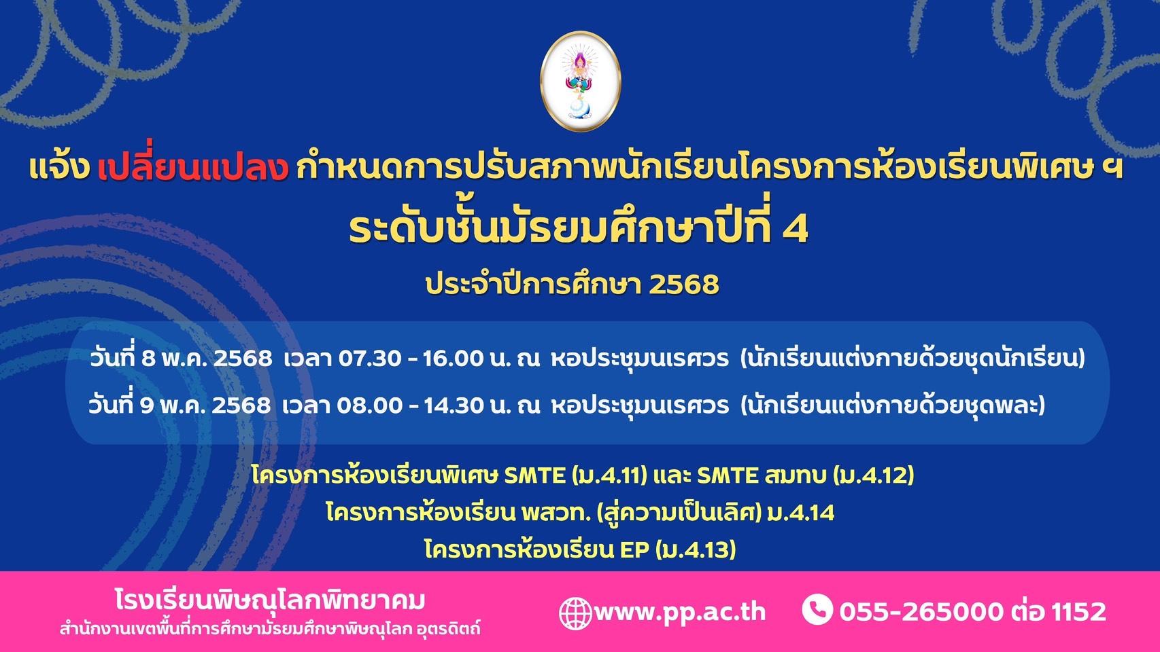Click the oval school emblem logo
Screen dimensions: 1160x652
[x=580, y=81]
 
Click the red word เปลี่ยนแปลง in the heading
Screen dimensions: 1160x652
[x=192, y=166]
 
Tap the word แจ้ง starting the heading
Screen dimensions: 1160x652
[x=60, y=166]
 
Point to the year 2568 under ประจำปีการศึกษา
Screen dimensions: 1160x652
[x=684, y=284]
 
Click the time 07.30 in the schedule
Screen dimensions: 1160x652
[x=370, y=358]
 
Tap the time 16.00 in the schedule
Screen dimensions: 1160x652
[x=453, y=358]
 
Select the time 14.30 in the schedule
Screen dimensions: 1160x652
[x=454, y=405]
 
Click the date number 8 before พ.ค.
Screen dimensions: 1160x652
[x=149, y=358]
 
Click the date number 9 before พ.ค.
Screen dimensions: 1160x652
[x=147, y=405]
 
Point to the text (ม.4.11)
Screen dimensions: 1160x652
[x=609, y=475]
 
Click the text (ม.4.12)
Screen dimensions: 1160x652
[x=874, y=475]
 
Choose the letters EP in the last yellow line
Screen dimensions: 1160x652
[x=634, y=549]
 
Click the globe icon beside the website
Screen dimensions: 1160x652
[x=575, y=613]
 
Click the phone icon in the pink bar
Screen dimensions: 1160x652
[x=817, y=609]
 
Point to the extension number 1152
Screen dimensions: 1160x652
[x=1079, y=612]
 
